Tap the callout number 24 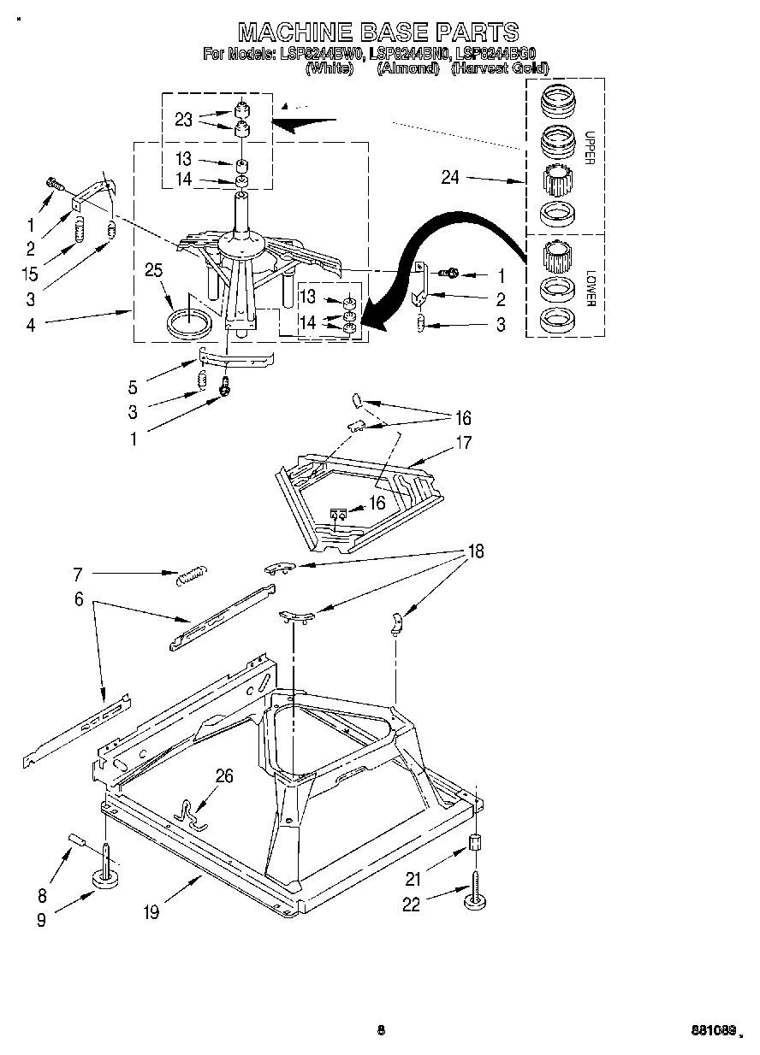[450, 178]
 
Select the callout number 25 [153, 271]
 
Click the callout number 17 [463, 444]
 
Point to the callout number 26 [224, 776]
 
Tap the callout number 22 [412, 904]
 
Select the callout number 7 [78, 575]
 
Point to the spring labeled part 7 [192, 577]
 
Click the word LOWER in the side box [589, 289]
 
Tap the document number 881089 [712, 1030]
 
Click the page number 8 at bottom [381, 1030]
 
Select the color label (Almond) [407, 68]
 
